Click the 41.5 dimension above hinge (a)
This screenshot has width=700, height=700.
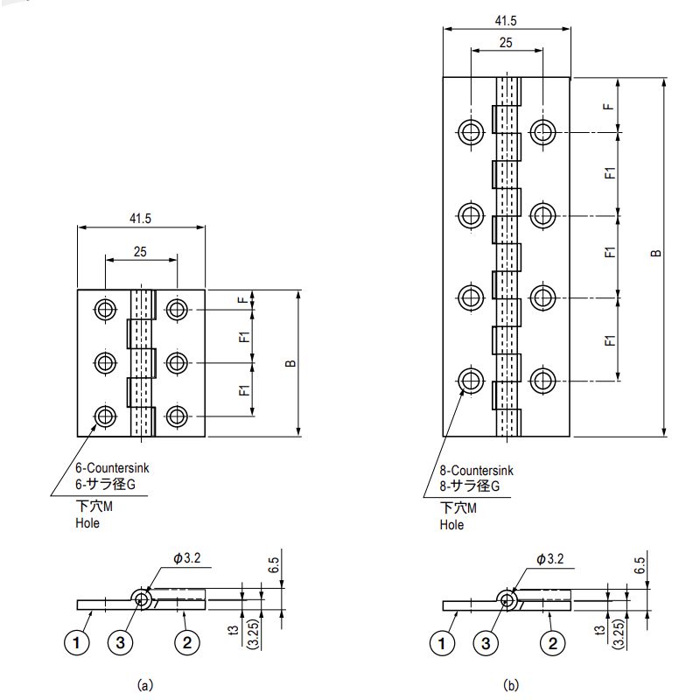pos(140,218)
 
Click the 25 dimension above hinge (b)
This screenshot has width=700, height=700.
pos(506,43)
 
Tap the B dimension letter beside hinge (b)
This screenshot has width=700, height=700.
pos(655,253)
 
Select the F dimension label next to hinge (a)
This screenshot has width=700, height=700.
pos(242,300)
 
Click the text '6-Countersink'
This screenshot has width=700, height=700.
pos(112,468)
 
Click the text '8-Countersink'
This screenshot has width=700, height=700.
pos(476,470)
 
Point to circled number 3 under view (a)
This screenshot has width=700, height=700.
pos(120,643)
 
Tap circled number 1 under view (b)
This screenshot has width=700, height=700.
pos(442,643)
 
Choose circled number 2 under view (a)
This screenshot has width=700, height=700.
pos(187,643)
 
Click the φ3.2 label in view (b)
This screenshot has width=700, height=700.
pos(550,559)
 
